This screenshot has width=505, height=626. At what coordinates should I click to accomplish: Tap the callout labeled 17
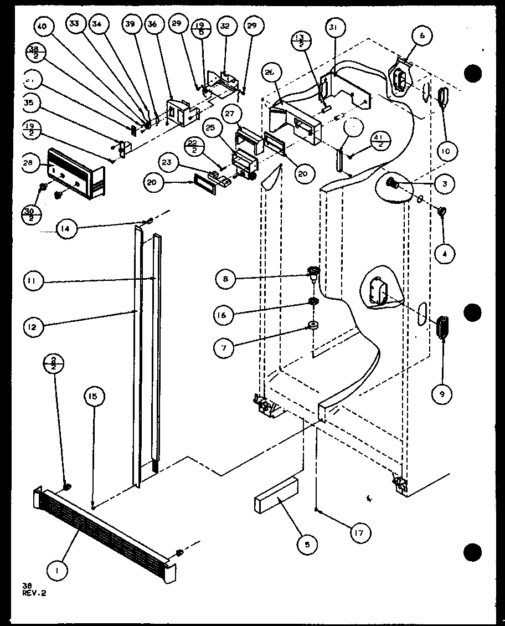[361, 533]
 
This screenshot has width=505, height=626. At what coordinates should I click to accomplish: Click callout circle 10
[445, 151]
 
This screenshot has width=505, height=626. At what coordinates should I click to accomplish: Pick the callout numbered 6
[422, 35]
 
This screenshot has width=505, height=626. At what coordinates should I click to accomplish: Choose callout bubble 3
[445, 184]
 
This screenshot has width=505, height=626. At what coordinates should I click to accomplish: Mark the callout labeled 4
[445, 254]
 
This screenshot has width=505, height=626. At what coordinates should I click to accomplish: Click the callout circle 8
[226, 279]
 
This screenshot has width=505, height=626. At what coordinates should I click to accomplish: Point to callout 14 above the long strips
[66, 229]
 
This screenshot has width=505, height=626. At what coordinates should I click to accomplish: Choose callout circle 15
[94, 396]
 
